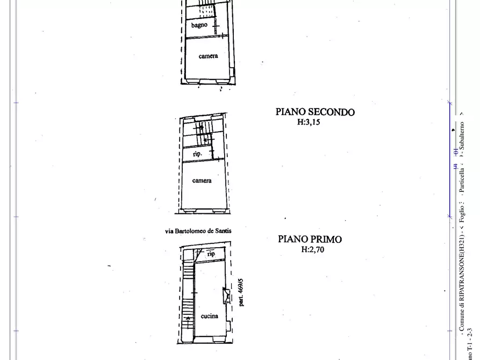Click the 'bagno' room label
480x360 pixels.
pyautogui.click(x=199, y=25)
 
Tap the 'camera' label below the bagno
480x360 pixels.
pyautogui.click(x=208, y=56)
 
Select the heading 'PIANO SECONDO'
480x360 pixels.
pyautogui.click(x=315, y=112)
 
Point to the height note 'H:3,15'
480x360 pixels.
pyautogui.click(x=309, y=122)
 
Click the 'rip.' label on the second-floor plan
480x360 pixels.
pyautogui.click(x=197, y=154)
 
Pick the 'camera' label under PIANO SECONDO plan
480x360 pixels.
pyautogui.click(x=202, y=181)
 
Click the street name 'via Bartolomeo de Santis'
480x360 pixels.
pyautogui.click(x=198, y=231)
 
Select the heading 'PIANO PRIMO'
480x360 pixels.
pyautogui.click(x=310, y=239)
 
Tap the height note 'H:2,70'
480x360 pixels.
pyautogui.click(x=313, y=249)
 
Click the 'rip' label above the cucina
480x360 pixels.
pyautogui.click(x=211, y=254)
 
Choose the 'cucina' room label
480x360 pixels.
pyautogui.click(x=209, y=316)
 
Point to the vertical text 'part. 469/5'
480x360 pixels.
pyautogui.click(x=241, y=292)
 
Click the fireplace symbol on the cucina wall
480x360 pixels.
pyautogui.click(x=226, y=296)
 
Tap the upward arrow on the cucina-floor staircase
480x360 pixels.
pyautogui.click(x=188, y=320)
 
